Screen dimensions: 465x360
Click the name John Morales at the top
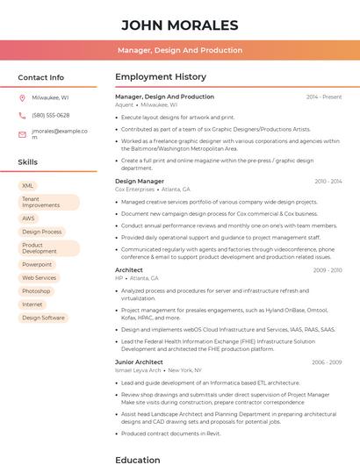point(179,25)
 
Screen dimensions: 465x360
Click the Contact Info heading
point(40,77)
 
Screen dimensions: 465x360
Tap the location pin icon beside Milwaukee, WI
point(22,98)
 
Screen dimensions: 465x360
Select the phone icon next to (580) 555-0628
point(22,115)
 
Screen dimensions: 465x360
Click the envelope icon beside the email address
point(22,134)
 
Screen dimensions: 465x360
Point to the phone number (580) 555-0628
point(51,115)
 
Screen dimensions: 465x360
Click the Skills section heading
point(28,162)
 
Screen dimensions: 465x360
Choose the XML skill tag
point(28,186)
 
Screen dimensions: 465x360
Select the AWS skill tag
point(29,218)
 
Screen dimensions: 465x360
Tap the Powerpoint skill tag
point(37,264)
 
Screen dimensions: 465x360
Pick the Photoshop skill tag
point(36,291)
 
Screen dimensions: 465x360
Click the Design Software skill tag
point(43,318)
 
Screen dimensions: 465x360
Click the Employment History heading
point(161,77)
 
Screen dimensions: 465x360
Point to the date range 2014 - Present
point(323,97)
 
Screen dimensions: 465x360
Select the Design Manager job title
point(140,182)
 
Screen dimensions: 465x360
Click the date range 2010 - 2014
point(328,182)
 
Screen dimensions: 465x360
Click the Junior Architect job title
point(139,362)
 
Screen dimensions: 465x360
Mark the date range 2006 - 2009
point(327,362)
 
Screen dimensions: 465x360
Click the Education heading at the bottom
point(138,459)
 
